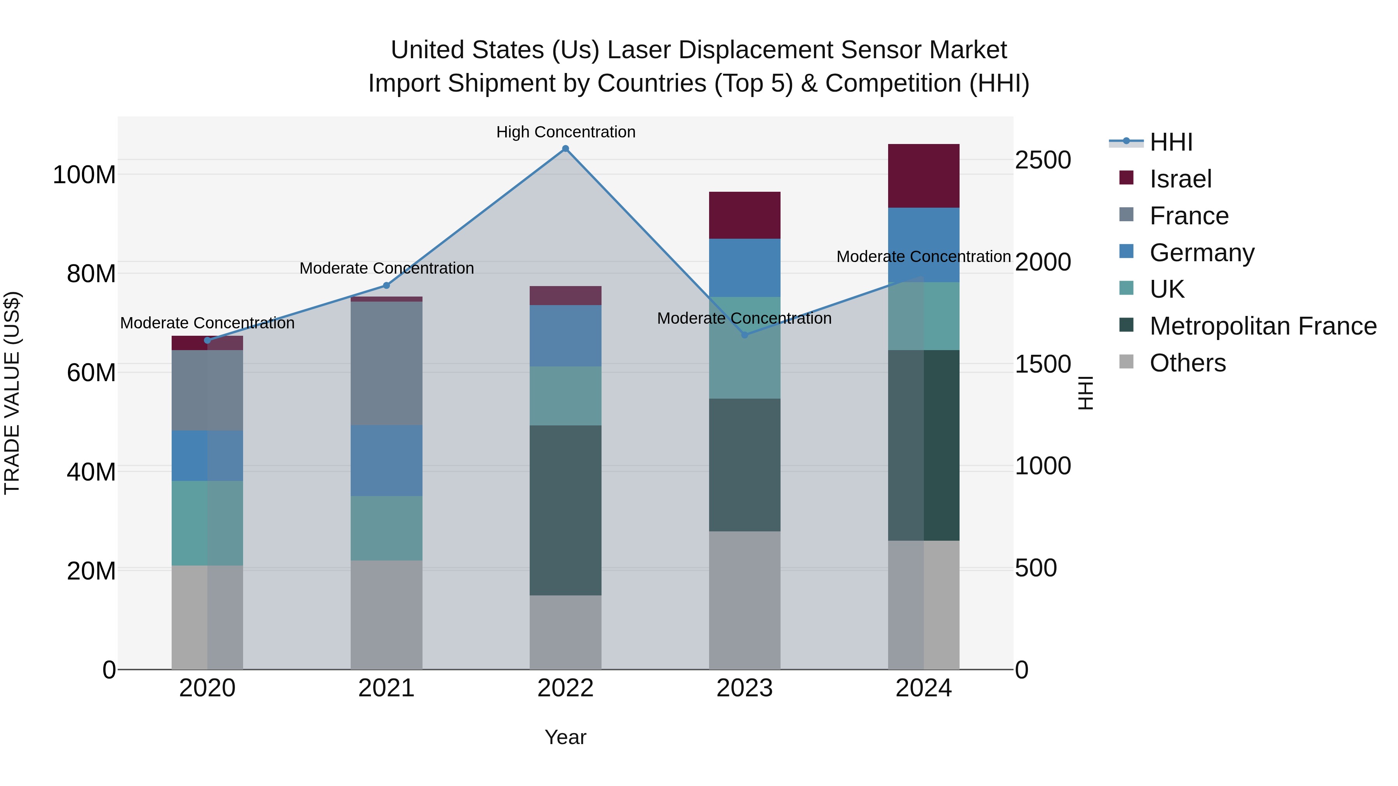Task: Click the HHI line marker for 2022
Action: click(x=565, y=149)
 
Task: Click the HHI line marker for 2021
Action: click(x=386, y=285)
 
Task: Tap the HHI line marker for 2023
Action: click(x=744, y=335)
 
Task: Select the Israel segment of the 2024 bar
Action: click(x=924, y=176)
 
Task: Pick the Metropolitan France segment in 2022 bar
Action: click(x=565, y=510)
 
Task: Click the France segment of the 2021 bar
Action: click(x=386, y=363)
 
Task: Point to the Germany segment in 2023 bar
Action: click(x=744, y=267)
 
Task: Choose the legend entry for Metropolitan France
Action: click(x=1263, y=326)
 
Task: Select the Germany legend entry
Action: click(x=1202, y=253)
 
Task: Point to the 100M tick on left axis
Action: click(x=84, y=175)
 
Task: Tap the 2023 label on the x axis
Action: click(x=744, y=688)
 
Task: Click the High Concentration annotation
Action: click(x=565, y=132)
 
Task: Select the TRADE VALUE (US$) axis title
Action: click(x=12, y=393)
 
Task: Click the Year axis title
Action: click(x=565, y=737)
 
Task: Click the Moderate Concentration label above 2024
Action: click(x=924, y=257)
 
